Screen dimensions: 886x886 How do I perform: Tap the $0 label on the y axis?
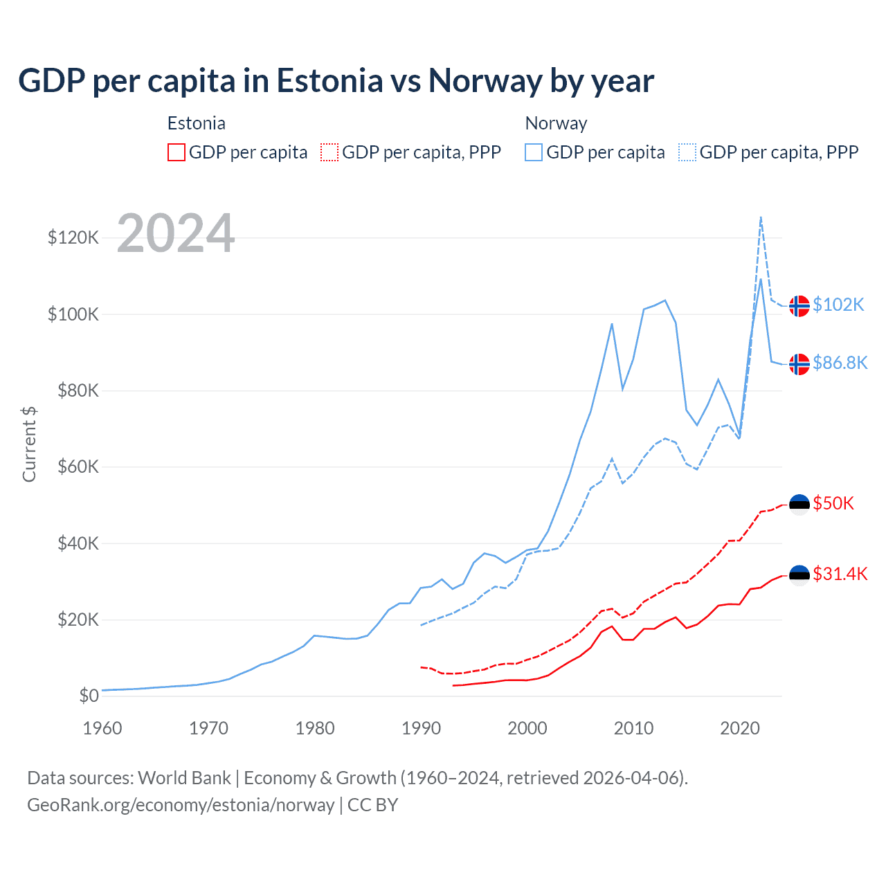(x=89, y=696)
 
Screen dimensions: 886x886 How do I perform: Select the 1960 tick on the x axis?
(x=102, y=728)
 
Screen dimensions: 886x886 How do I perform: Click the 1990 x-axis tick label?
(x=421, y=728)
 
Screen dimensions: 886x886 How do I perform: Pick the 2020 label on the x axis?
(x=740, y=728)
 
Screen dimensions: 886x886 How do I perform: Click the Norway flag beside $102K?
(x=799, y=305)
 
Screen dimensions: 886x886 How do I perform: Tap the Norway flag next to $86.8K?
(x=799, y=363)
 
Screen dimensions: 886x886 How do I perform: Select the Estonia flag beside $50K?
(x=799, y=505)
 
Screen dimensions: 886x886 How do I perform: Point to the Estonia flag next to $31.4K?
(x=799, y=575)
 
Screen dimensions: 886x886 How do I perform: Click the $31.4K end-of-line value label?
(x=840, y=574)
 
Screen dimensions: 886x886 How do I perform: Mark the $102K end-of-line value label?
(x=838, y=305)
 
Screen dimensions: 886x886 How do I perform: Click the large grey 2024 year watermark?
(x=176, y=233)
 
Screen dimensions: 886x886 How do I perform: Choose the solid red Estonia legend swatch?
(x=177, y=152)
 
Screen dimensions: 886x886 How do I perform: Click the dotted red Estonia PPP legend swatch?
(x=329, y=152)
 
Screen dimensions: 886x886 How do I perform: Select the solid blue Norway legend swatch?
(x=534, y=152)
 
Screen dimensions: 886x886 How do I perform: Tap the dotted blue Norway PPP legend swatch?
(x=687, y=152)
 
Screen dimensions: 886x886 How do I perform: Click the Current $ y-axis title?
(x=29, y=444)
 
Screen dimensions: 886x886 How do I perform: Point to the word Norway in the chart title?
(x=485, y=81)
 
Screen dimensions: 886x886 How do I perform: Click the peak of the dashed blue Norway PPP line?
(x=761, y=217)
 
